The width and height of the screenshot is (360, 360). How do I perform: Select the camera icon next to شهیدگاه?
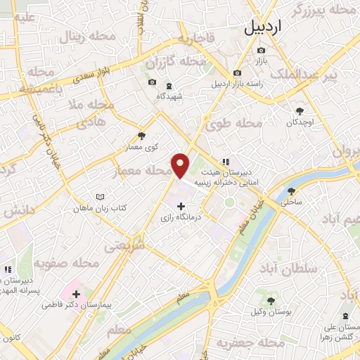tap(152, 82)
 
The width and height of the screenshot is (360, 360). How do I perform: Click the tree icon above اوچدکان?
tap(300, 110)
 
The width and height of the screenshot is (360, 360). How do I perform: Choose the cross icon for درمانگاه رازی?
tap(182, 206)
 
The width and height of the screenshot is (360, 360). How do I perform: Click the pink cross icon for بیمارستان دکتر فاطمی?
tap(76, 293)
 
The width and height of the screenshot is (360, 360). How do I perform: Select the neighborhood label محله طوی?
tap(234, 124)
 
